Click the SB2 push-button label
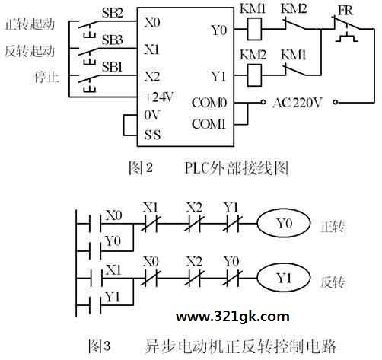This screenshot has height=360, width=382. pyautogui.click(x=113, y=13)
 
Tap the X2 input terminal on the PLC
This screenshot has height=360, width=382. pyautogui.click(x=152, y=76)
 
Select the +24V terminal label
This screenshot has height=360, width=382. pyautogui.click(x=159, y=97)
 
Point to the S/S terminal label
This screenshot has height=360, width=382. pyautogui.click(x=152, y=135)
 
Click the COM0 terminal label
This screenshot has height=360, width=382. pyautogui.click(x=209, y=103)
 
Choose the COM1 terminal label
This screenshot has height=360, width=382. pyautogui.click(x=209, y=124)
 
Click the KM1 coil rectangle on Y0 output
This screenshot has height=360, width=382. pyautogui.click(x=254, y=29)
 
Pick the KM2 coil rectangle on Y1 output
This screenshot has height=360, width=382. pyautogui.click(x=254, y=75)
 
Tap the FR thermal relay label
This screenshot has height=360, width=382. pyautogui.click(x=345, y=11)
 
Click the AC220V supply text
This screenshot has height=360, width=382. pyautogui.click(x=297, y=103)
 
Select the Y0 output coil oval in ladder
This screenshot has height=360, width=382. pyautogui.click(x=284, y=224)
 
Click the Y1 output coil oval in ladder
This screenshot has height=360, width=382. pyautogui.click(x=284, y=278)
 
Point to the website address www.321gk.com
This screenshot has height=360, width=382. pyautogui.click(x=233, y=317)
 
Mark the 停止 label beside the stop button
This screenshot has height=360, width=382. pyautogui.click(x=47, y=77)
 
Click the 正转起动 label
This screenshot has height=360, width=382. pyautogui.click(x=30, y=24)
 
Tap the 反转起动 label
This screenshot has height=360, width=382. pyautogui.click(x=30, y=51)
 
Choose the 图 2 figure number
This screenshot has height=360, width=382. pyautogui.click(x=141, y=168)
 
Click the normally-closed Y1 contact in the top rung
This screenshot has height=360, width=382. pyautogui.click(x=232, y=224)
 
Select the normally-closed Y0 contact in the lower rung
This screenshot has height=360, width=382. pyautogui.click(x=232, y=278)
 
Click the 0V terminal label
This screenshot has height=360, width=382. pyautogui.click(x=152, y=115)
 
